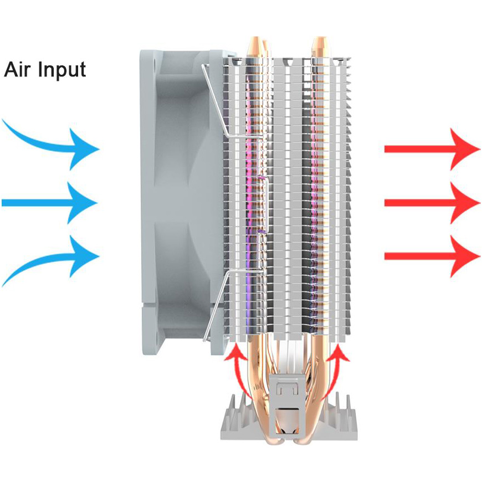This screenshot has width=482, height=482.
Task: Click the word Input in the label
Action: [62, 71]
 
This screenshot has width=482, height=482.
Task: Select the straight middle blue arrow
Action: [49, 203]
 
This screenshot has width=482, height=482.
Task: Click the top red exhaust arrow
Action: [432, 150]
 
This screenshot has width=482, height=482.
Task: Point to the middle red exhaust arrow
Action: [432, 203]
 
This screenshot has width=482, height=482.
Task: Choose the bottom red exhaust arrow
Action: [432, 256]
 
